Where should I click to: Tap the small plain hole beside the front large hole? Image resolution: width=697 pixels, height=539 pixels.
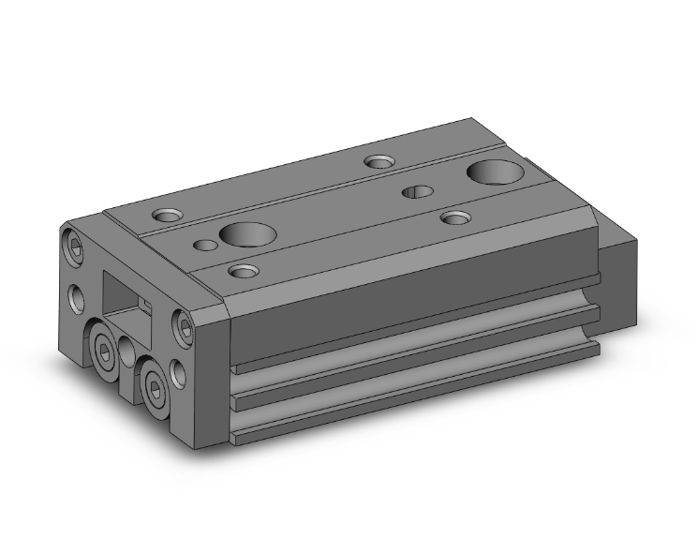click(205, 246)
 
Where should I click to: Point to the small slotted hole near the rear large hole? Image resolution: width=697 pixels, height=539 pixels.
click(417, 192)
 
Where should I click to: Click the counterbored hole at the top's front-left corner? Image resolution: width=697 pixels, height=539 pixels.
click(169, 215)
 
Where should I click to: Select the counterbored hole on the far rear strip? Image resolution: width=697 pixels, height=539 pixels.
click(379, 162)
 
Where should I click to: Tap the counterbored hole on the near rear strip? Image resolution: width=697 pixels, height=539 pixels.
click(455, 217)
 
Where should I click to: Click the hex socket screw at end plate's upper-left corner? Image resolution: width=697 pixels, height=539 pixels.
click(76, 246)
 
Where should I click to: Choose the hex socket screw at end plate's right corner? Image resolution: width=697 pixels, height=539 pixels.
click(185, 326)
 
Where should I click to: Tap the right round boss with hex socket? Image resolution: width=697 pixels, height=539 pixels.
click(154, 384)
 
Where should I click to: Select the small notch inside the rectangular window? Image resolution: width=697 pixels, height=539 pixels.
click(145, 302)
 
